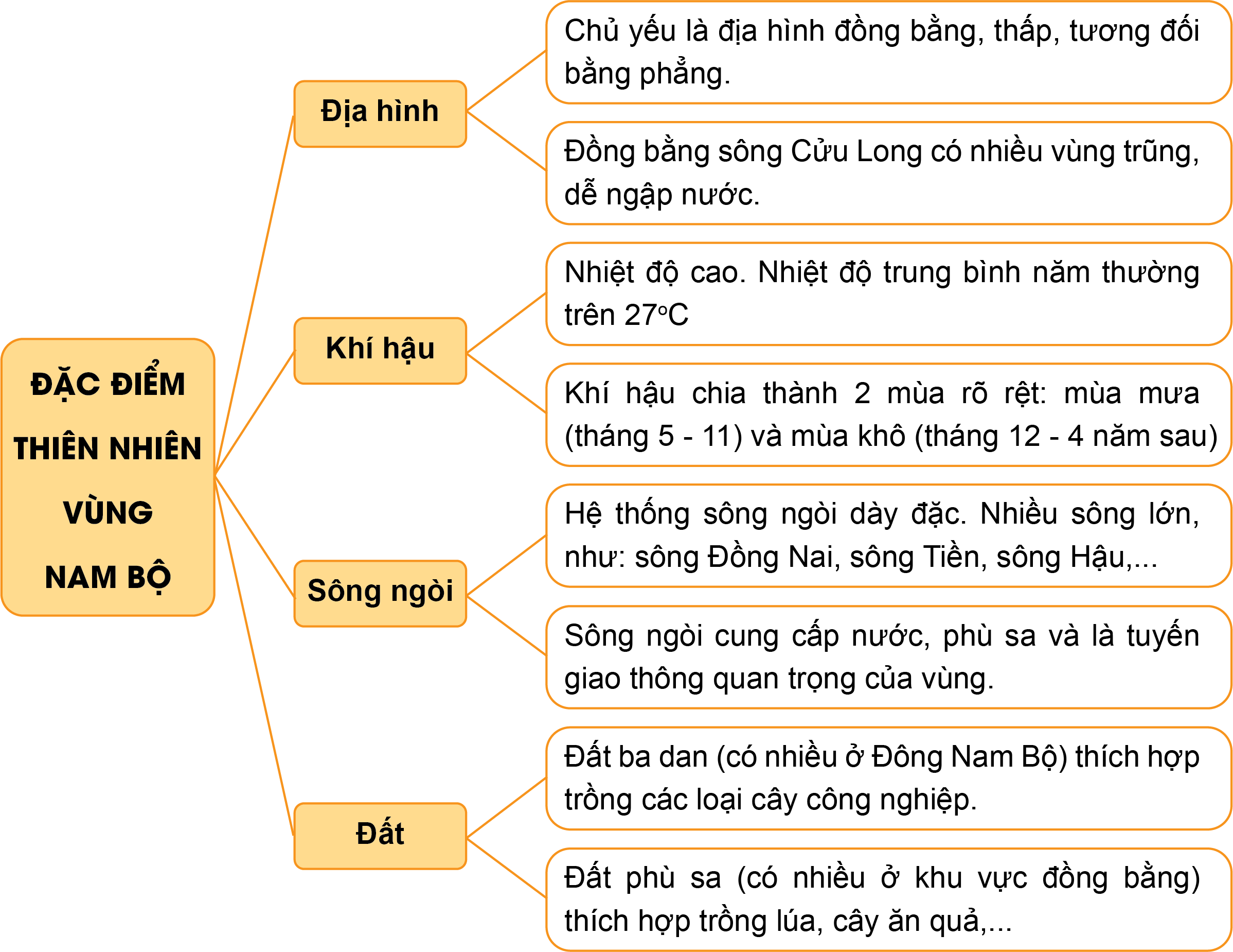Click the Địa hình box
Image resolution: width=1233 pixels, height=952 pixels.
[380, 114]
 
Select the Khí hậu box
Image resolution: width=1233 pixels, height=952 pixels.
[380, 351]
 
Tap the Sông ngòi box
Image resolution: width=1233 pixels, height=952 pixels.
[380, 593]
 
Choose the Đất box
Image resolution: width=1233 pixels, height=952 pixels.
[380, 836]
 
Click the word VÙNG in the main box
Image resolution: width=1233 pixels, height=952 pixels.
[108, 512]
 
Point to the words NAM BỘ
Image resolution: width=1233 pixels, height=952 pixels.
[108, 577]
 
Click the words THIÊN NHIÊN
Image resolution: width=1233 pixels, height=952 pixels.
[108, 448]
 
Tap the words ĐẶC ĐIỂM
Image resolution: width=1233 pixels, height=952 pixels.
[108, 384]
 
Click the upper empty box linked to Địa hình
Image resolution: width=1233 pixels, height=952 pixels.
[888, 53]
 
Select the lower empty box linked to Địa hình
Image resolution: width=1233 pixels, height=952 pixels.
[888, 173]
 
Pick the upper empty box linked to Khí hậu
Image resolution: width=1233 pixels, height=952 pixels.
[888, 294]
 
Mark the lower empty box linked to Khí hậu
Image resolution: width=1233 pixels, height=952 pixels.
[888, 414]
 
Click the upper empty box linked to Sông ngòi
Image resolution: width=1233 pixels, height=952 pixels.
[888, 535]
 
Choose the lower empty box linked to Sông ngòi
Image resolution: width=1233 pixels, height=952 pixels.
[888, 657]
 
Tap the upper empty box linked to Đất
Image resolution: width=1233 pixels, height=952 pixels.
[888, 778]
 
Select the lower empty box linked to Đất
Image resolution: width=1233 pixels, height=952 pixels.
[888, 899]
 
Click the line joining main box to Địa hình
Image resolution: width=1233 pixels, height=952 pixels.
[254, 295]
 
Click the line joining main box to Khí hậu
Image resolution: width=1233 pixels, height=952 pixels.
[254, 413]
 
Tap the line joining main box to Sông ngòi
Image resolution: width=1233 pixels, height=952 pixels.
[254, 536]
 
